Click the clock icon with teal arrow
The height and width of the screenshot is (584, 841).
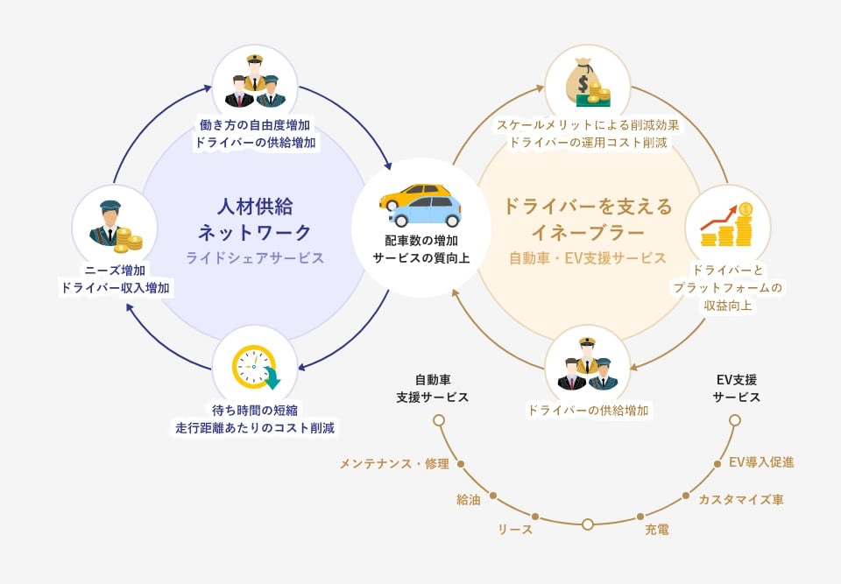point(255,368)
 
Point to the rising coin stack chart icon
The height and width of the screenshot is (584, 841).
point(728,225)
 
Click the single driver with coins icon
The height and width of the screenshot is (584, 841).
point(114,225)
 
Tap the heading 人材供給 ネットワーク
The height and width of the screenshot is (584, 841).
point(255,220)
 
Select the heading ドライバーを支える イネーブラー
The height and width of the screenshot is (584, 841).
point(588,220)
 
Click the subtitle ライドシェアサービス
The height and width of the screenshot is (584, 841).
point(255,258)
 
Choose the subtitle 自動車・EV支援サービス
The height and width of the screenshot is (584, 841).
point(588,258)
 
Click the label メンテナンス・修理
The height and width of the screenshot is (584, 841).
point(393,463)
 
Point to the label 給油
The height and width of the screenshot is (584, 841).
point(469,500)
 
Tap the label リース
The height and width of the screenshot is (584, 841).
point(515,529)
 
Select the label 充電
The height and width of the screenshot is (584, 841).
point(657,529)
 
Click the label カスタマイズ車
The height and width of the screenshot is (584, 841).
point(740,500)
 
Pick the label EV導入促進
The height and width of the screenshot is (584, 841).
point(761,461)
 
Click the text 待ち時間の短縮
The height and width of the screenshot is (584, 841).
point(255,410)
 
